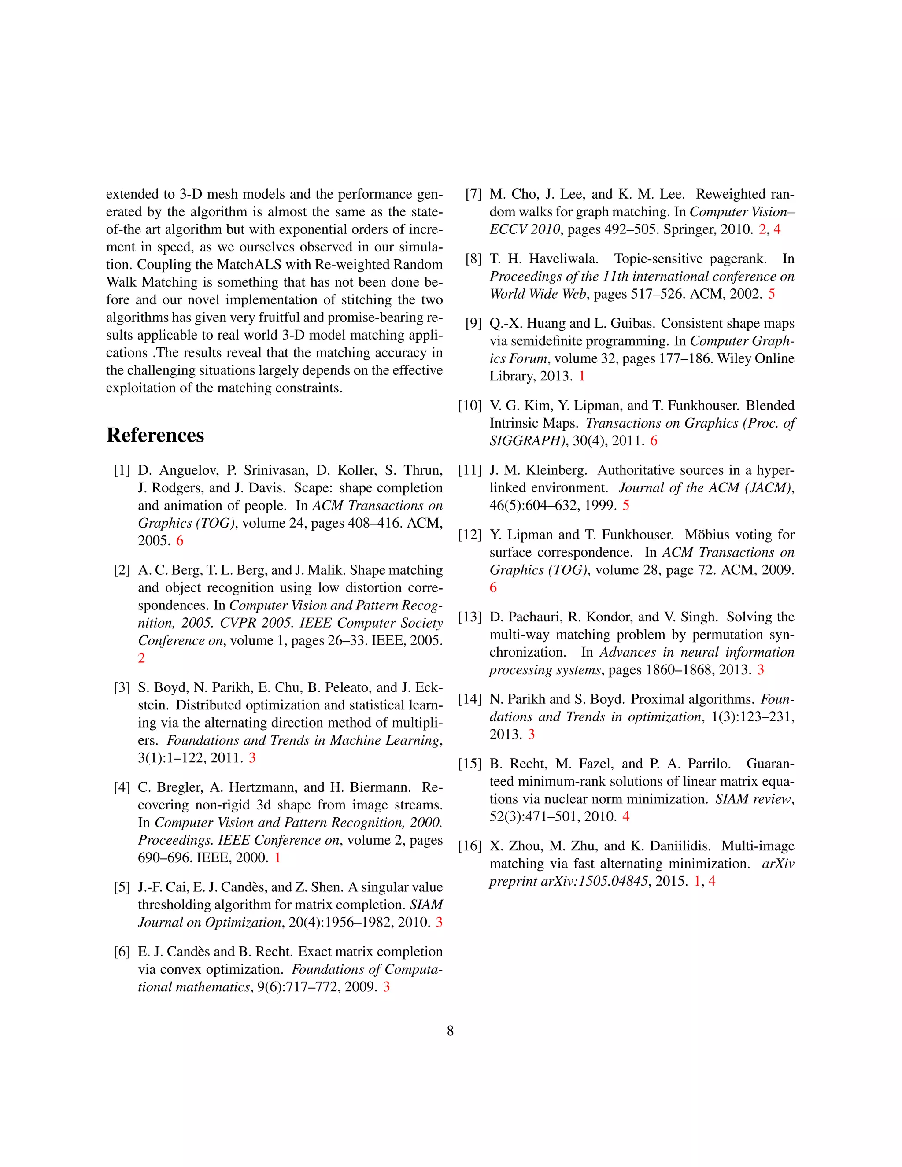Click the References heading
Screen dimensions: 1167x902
pyautogui.click(x=155, y=436)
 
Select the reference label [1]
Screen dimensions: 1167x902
pyautogui.click(x=122, y=471)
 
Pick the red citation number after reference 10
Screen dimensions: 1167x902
pyautogui.click(x=654, y=441)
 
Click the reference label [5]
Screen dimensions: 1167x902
pyautogui.click(x=122, y=887)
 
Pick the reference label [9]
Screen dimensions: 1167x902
pyautogui.click(x=473, y=324)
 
